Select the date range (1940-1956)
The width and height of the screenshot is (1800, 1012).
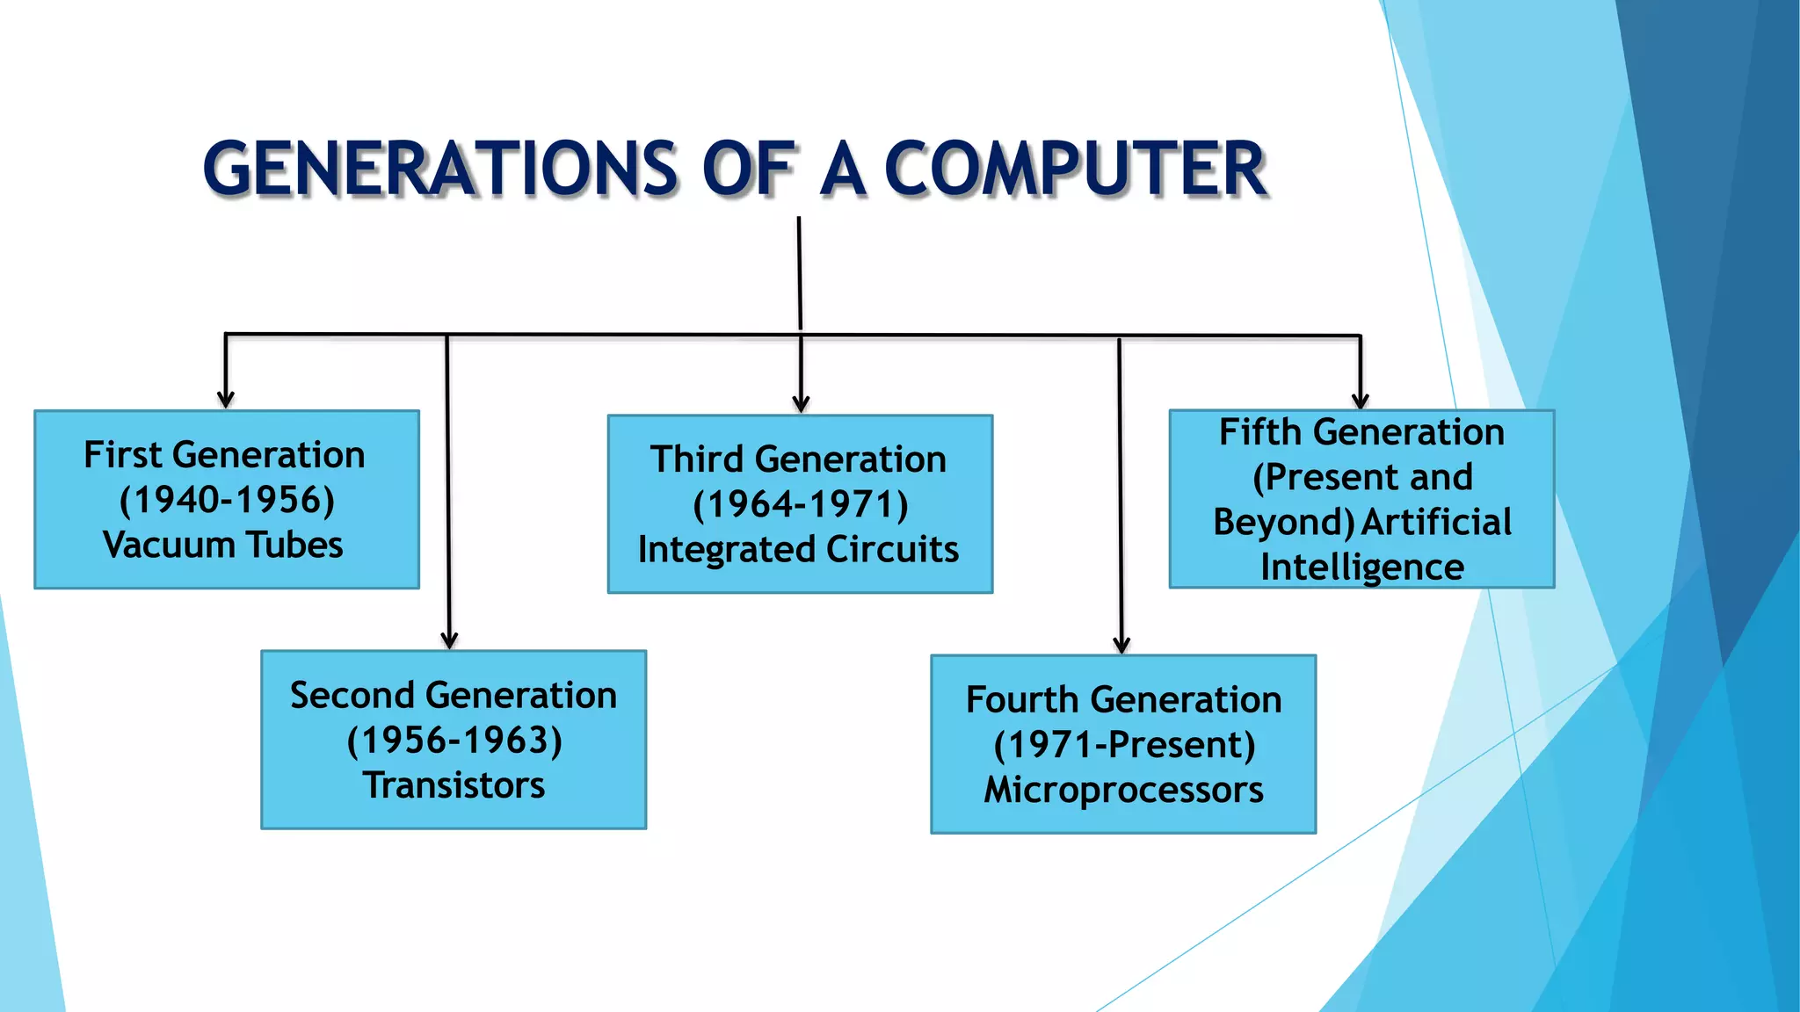coord(227,500)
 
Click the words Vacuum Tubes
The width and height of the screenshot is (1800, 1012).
coord(223,545)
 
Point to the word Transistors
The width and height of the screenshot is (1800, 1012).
coord(454,785)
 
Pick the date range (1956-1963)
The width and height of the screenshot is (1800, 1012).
coord(454,741)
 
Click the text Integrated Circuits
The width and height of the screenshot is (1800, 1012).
coord(798,550)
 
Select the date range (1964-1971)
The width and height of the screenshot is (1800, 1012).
coord(800,504)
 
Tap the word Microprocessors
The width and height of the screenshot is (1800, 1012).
coord(1123,790)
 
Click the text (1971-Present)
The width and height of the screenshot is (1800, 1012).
coord(1124,745)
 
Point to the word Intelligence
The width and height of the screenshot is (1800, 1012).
coord(1361,567)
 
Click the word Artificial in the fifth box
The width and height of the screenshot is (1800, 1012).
coord(1436,523)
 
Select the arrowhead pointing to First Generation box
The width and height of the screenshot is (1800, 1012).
coord(226,400)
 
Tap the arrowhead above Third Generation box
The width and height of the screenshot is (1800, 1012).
coord(801,403)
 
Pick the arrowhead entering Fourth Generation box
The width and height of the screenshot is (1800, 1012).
coord(1121,645)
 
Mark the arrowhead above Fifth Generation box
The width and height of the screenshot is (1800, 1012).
coord(1361,401)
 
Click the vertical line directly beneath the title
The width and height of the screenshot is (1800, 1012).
coord(800,272)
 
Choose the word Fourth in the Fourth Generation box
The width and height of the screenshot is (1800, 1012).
coord(1020,700)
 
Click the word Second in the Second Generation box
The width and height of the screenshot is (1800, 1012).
coord(352,696)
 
